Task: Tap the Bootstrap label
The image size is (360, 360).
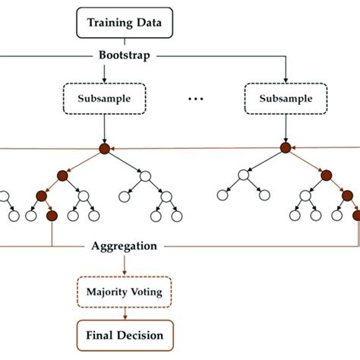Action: [x=124, y=56]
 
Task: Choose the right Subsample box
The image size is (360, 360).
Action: [x=285, y=98]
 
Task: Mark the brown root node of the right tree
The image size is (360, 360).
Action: [x=285, y=149]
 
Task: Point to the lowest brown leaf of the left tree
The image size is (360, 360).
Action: [x=52, y=216]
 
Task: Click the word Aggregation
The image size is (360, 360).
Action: [x=124, y=246]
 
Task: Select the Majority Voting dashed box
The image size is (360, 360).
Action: [x=124, y=289]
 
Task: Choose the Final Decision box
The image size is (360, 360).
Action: [x=124, y=334]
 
